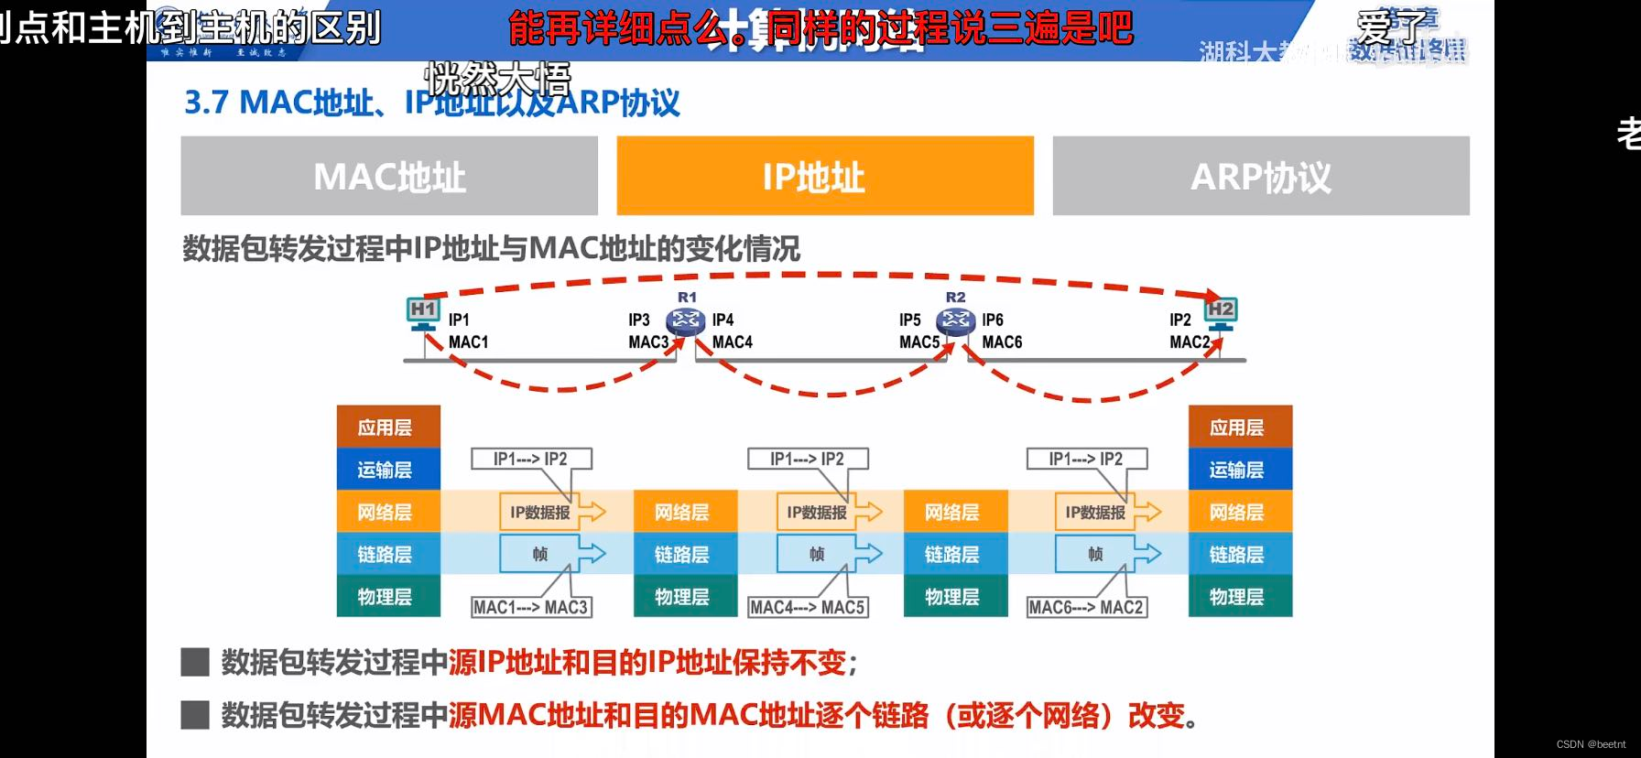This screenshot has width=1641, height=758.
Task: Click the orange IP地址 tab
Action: coord(824,176)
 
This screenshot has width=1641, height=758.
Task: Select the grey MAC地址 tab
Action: coord(389,176)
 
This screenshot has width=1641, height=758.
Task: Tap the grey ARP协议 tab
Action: coord(1260,176)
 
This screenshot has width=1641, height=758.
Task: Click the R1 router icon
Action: coord(686,320)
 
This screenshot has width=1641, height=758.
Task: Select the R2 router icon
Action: coord(955,320)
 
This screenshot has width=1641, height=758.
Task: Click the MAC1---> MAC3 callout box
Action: coord(530,607)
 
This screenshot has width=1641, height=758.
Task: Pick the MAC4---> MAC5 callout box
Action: coord(807,607)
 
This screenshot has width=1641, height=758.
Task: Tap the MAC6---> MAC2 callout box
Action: coord(1086,607)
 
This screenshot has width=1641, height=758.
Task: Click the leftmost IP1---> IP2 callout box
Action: coord(530,459)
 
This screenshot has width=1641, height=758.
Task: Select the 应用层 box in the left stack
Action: coord(388,428)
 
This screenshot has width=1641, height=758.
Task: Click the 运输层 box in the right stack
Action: coord(1240,470)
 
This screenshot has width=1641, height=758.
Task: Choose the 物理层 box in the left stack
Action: coord(388,596)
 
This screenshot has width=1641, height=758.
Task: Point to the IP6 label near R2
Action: coord(993,320)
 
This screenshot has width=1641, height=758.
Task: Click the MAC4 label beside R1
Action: coord(733,342)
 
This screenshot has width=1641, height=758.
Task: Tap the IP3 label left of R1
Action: coord(638,320)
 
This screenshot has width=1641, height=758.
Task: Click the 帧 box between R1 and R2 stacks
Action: coord(817,554)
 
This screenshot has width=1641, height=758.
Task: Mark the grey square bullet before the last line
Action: coord(195,714)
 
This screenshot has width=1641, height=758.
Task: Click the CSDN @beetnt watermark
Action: coord(1591,744)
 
